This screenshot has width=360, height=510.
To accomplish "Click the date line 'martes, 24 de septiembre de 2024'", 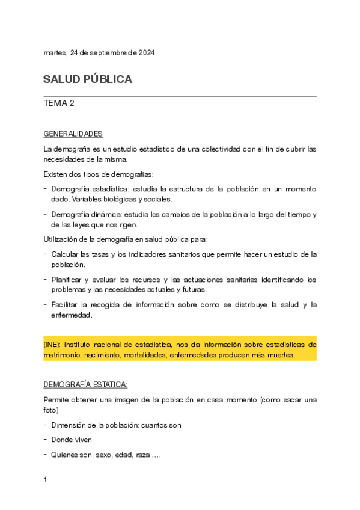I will (x=99, y=53).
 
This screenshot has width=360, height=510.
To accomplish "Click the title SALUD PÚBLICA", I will (x=88, y=79).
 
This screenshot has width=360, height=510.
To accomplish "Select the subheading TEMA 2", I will (x=59, y=103).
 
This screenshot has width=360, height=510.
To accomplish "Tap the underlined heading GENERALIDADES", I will (x=73, y=133).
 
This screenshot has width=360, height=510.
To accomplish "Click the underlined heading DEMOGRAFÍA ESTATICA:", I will (x=86, y=384).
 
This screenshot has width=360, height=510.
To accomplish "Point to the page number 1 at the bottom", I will (x=46, y=480).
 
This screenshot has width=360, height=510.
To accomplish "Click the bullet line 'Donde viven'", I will (x=73, y=440).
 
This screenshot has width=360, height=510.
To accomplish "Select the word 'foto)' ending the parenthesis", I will (x=51, y=410).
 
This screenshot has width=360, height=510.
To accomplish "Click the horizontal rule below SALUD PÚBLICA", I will (x=180, y=96).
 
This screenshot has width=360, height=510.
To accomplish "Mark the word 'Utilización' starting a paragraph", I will (x=62, y=240).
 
